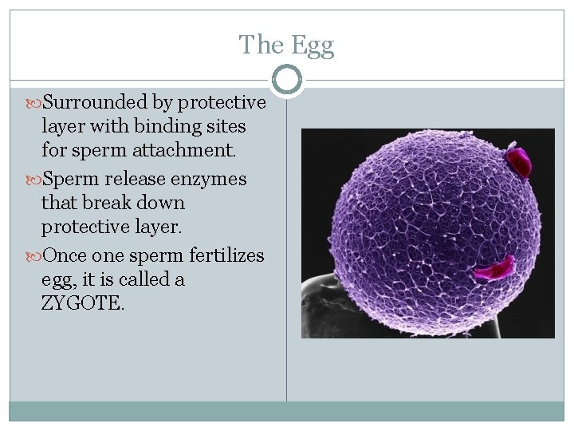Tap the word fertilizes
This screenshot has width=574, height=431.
click(x=226, y=255)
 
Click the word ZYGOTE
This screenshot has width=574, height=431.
click(x=83, y=303)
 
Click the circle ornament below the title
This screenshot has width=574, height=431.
click(x=286, y=80)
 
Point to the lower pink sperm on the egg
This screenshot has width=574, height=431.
click(x=495, y=267)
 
